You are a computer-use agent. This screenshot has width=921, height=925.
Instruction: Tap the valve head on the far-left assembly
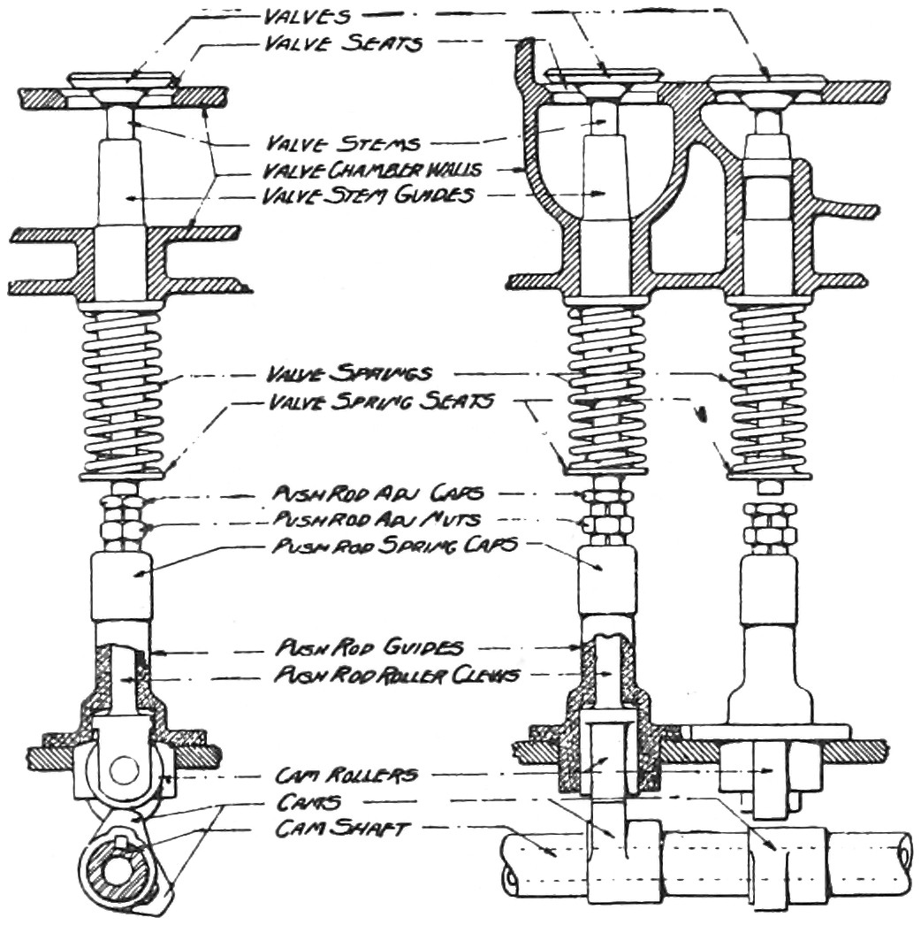click(x=128, y=81)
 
